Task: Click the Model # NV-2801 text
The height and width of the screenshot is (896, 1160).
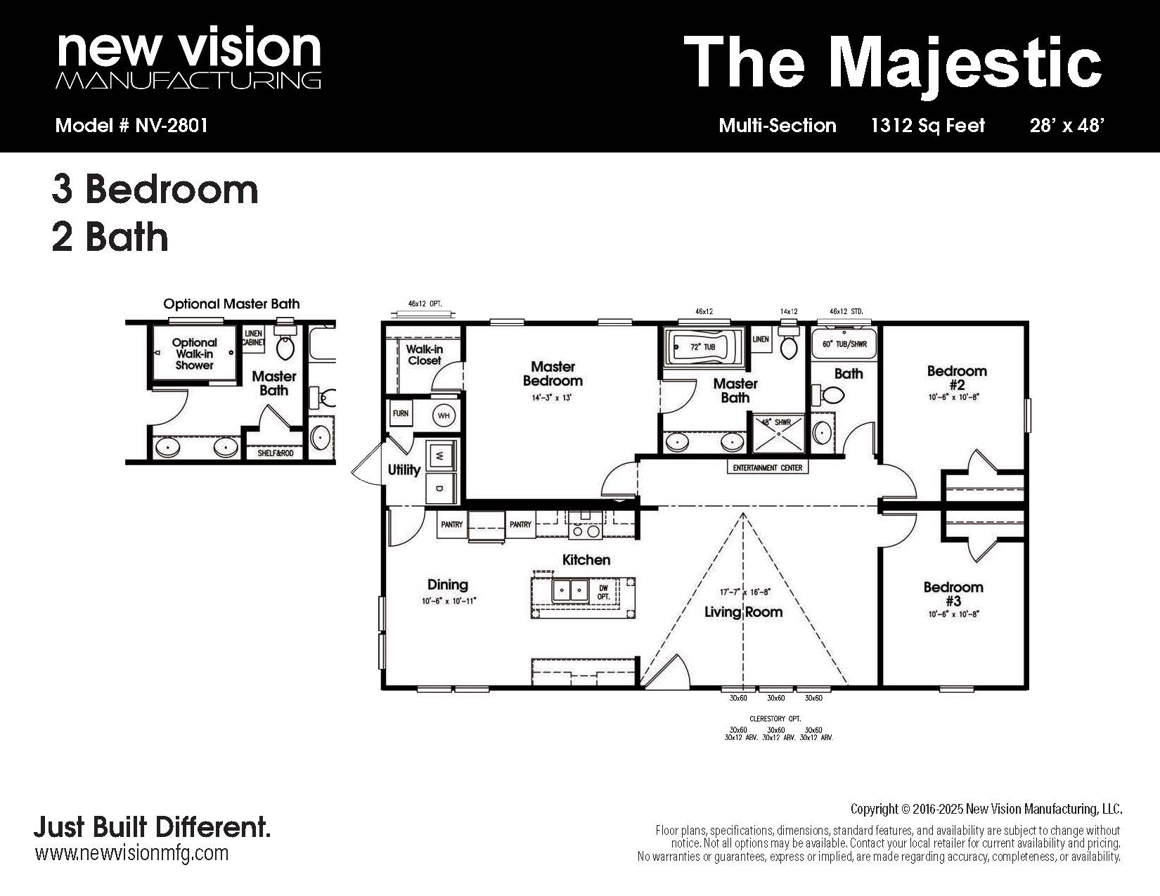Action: [131, 125]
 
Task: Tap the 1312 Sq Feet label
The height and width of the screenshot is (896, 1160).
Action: [928, 125]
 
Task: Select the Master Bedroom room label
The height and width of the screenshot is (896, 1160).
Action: [553, 374]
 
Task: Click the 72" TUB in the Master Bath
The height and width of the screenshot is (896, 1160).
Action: [702, 347]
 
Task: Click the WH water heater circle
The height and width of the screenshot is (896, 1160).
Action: [444, 415]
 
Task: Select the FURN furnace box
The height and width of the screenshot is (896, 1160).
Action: [400, 414]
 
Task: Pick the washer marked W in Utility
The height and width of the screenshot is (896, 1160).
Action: [440, 456]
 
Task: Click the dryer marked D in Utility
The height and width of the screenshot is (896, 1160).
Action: [440, 488]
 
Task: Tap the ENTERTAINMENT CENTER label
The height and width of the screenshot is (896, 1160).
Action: [768, 467]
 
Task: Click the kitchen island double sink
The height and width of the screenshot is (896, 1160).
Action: [571, 590]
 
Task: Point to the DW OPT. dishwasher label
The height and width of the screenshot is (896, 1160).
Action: [603, 592]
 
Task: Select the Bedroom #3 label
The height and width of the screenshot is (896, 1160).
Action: [953, 594]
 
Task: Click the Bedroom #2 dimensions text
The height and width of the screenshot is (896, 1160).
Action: [953, 397]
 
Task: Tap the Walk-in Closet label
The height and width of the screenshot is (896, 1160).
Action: [425, 355]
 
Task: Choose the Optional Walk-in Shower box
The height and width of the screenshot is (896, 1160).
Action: [194, 352]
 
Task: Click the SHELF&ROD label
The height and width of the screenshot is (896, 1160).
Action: [276, 453]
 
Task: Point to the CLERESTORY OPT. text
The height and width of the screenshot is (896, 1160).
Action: [775, 719]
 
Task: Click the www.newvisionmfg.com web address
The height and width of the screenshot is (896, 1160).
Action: [132, 854]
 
